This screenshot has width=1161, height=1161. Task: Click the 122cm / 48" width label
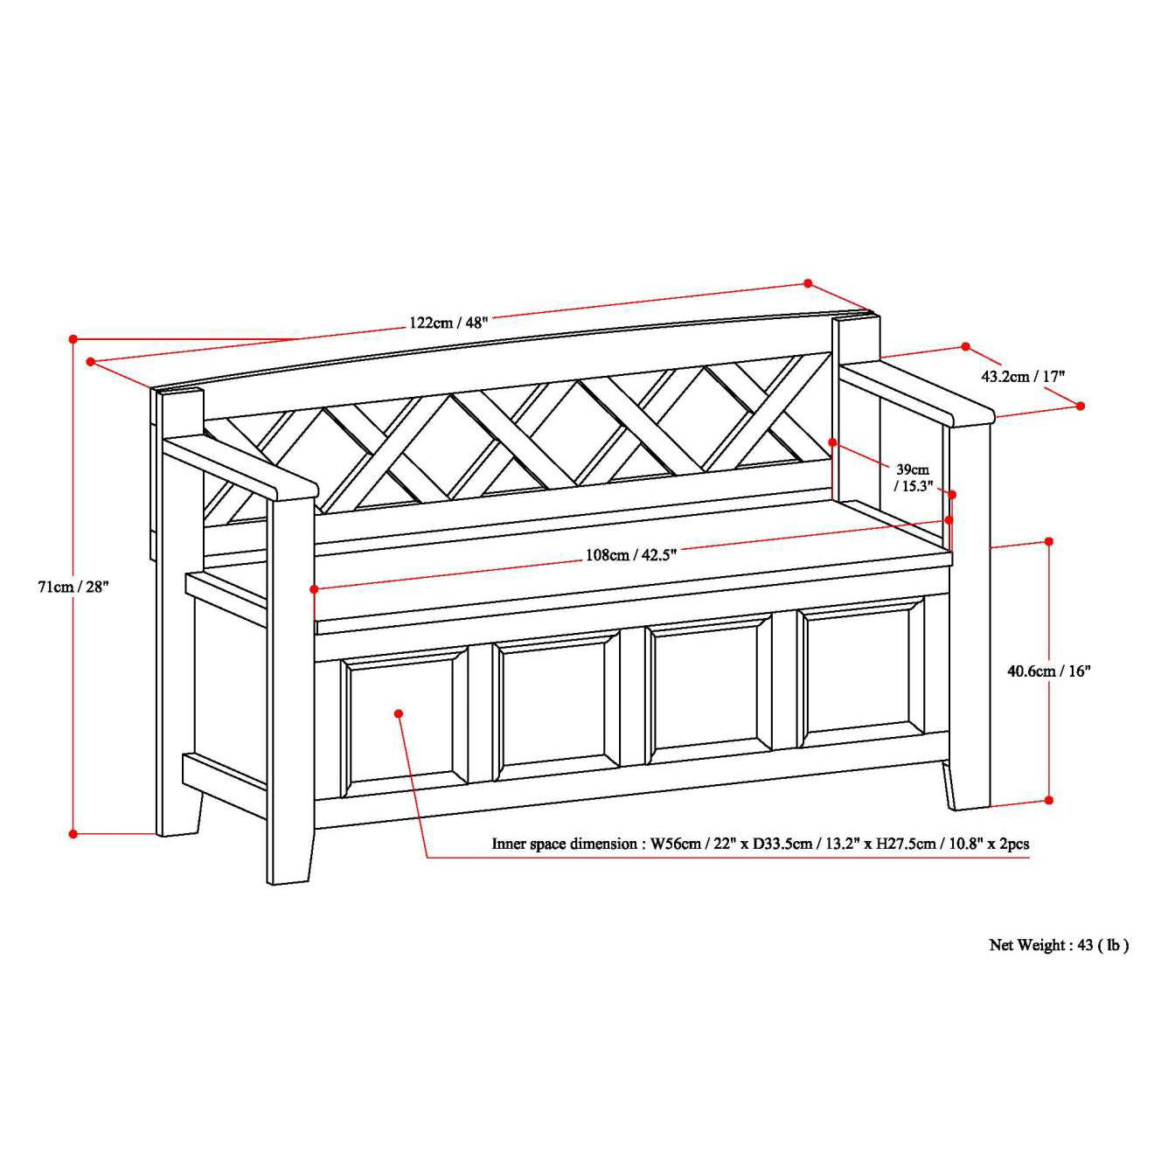(448, 322)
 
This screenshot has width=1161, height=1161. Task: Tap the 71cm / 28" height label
(72, 587)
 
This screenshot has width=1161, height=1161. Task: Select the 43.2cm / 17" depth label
(1023, 377)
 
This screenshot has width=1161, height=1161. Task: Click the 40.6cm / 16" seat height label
(1049, 671)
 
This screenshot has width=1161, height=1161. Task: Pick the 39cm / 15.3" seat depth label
(914, 477)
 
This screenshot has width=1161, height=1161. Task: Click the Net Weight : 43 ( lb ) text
(1059, 945)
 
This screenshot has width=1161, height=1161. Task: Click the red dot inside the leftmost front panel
(399, 713)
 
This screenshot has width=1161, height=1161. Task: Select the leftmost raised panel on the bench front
(404, 720)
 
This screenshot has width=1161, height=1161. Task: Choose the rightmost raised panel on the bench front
(862, 673)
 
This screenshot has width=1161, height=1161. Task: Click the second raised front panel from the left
(557, 705)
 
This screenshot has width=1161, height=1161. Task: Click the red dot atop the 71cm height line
(73, 338)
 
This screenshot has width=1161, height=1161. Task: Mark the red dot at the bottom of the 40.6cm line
(1049, 800)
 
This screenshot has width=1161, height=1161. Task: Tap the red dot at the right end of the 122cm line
(808, 283)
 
